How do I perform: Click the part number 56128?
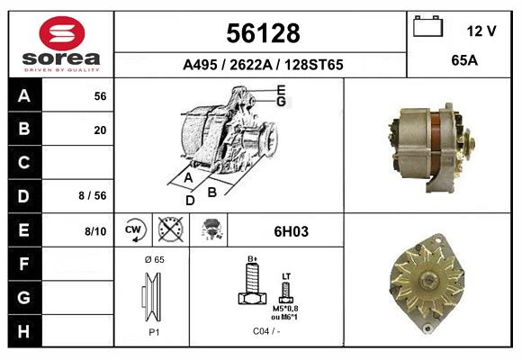click(x=262, y=33)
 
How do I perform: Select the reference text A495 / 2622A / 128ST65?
click(x=262, y=65)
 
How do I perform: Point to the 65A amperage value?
click(x=463, y=62)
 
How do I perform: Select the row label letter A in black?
click(x=24, y=95)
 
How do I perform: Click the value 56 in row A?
click(x=100, y=95)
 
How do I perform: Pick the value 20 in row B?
click(x=100, y=129)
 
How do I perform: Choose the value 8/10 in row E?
click(x=94, y=231)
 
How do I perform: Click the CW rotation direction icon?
click(x=134, y=230)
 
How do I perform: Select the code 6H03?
click(x=292, y=231)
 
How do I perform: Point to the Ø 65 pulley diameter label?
click(x=153, y=259)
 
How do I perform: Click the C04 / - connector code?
click(x=266, y=330)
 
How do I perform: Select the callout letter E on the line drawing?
click(x=281, y=89)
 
